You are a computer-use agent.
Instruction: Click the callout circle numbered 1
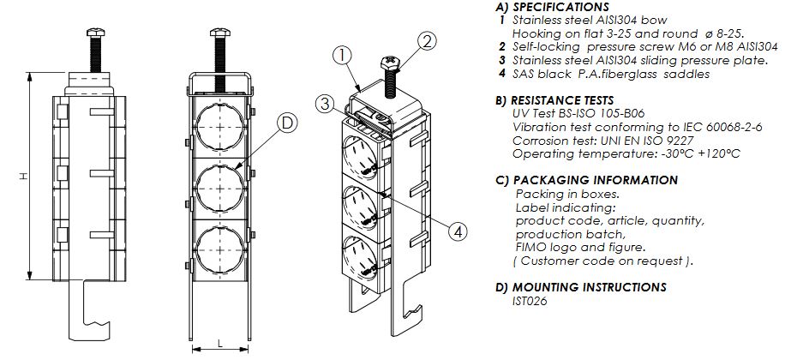tap(342, 57)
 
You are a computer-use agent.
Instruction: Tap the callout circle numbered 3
tap(323, 104)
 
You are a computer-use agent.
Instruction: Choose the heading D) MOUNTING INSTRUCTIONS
tap(580, 287)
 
